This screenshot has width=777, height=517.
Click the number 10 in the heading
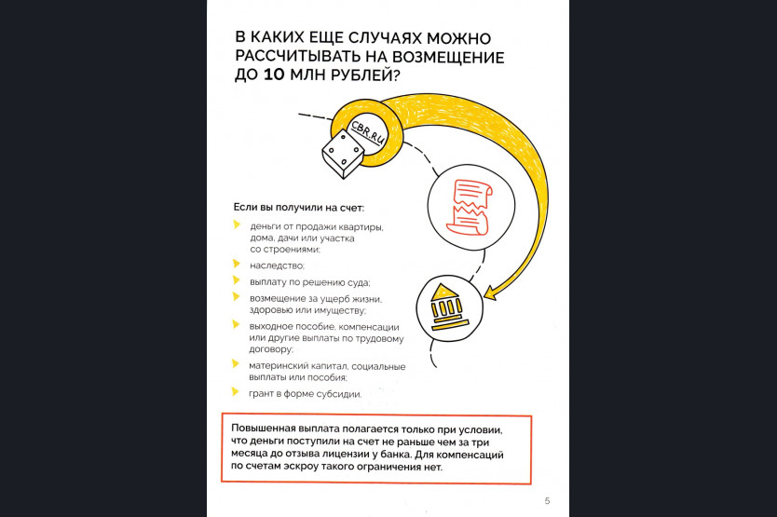pyautogui.click(x=273, y=75)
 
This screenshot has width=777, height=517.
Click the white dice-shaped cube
pyautogui.click(x=343, y=154)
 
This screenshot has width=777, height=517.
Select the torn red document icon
pyautogui.click(x=470, y=207)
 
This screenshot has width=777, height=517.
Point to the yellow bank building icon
pyautogui.click(x=449, y=307)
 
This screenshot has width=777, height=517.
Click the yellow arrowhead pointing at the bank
pyautogui.click(x=490, y=293)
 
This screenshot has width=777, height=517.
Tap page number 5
pyautogui.click(x=547, y=500)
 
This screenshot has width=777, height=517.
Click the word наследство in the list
pyautogui.click(x=277, y=265)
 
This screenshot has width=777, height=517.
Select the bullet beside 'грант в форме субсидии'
pyautogui.click(x=236, y=392)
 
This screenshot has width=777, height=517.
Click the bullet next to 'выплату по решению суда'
pyautogui.click(x=236, y=280)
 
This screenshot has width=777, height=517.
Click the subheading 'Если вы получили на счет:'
pyautogui.click(x=298, y=207)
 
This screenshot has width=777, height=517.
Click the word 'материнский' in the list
pyautogui.click(x=278, y=366)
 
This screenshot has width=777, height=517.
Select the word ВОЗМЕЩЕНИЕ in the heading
pyautogui.click(x=448, y=57)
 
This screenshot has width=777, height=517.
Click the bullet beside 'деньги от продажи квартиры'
pyautogui.click(x=237, y=225)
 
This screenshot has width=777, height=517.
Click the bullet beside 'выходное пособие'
pyautogui.click(x=236, y=325)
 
